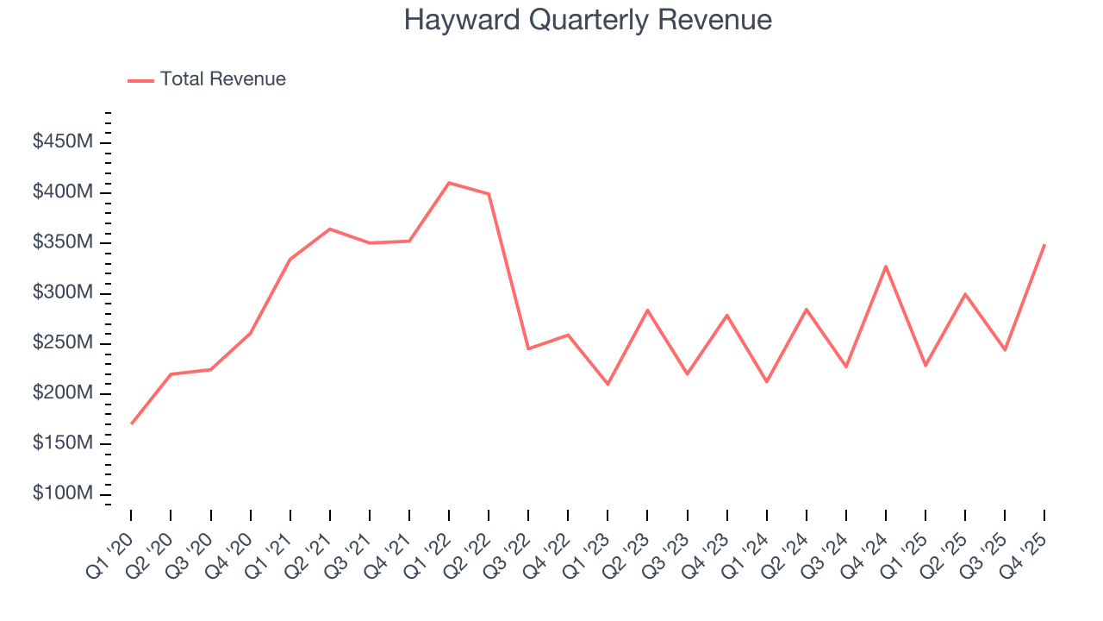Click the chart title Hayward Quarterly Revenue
point(588,20)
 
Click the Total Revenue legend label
point(222,79)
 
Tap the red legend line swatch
point(140,80)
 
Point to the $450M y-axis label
point(63,141)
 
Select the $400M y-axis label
point(63,191)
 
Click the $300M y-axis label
point(63,292)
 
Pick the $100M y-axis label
point(63,493)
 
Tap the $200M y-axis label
point(63,393)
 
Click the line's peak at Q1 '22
point(449,183)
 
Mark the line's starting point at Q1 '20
point(131,423)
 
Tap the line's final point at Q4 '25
point(1044,245)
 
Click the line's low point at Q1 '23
point(608,384)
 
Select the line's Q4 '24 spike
point(886,266)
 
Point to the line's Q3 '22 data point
point(528,348)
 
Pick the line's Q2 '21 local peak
point(330,229)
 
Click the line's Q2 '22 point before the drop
point(489,194)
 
